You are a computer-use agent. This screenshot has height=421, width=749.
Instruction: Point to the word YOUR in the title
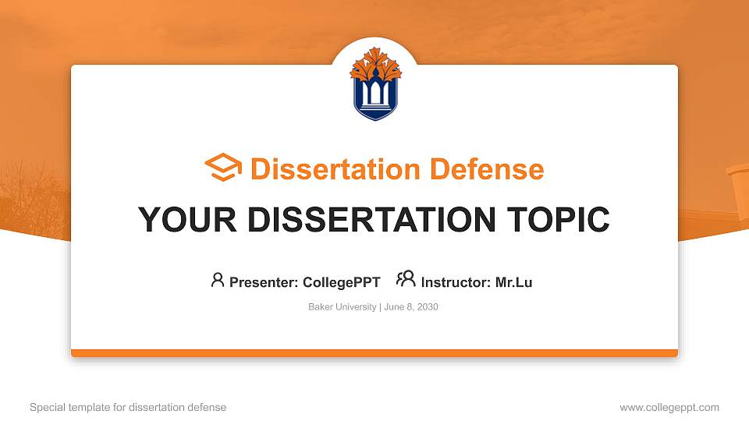(177, 220)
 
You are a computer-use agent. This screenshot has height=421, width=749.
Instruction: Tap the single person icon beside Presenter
(218, 279)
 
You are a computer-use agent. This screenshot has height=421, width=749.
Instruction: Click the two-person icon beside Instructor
(406, 279)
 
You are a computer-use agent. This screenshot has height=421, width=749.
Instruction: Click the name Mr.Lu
(513, 282)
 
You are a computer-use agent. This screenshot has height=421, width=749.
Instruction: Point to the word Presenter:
(264, 282)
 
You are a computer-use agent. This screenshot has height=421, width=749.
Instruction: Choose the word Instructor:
(456, 282)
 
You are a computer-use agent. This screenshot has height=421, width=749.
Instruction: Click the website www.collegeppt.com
(669, 407)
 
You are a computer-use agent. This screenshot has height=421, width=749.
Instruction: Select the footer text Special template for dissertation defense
(128, 407)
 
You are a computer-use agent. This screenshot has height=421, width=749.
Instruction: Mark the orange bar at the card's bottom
(374, 353)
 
